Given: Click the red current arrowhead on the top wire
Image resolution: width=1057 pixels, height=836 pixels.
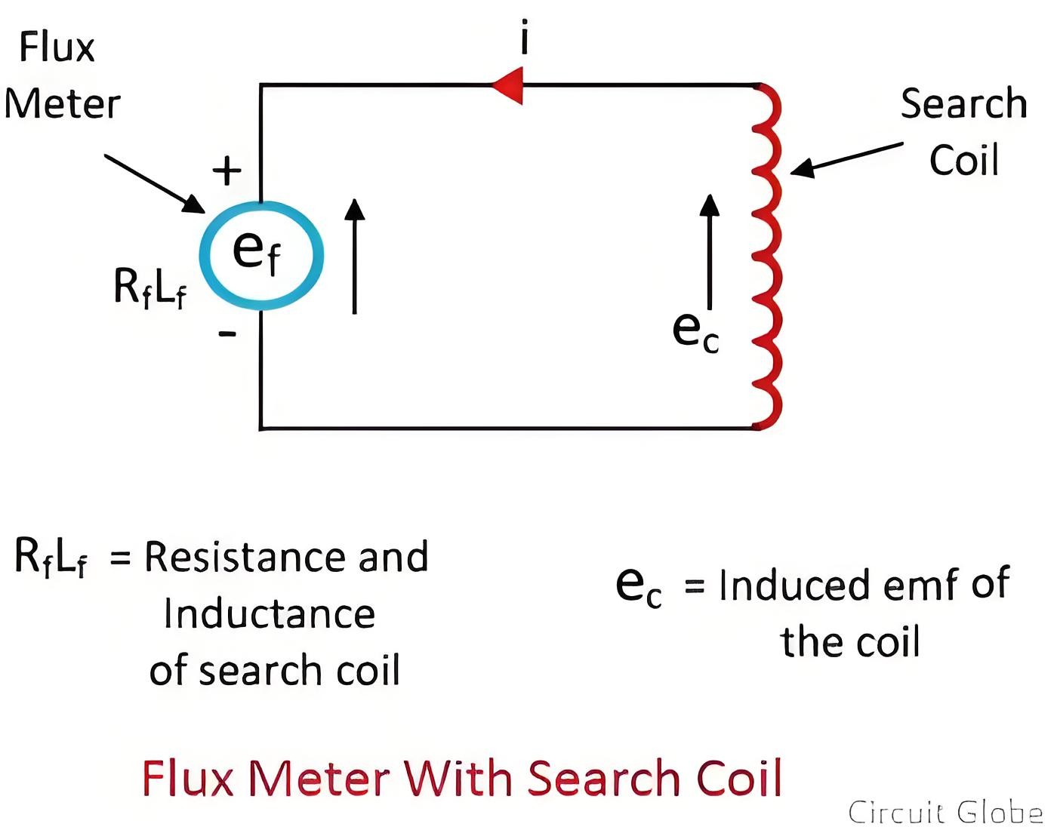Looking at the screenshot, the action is tap(507, 85).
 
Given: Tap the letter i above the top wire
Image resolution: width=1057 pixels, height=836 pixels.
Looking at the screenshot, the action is tap(525, 36).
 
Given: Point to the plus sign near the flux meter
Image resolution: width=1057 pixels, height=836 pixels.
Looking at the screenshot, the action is tap(227, 171).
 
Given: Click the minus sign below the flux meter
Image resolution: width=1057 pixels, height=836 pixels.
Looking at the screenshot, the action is tap(227, 334).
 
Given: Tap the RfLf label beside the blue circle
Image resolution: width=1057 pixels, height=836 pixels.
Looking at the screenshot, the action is tap(149, 288).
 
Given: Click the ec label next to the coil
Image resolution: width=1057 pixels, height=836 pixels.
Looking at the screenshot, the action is tap(695, 331).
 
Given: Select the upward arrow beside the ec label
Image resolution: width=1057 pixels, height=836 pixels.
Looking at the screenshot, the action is tap(709, 252).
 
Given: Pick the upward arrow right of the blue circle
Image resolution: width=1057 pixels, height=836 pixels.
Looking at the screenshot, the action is tap(355, 256).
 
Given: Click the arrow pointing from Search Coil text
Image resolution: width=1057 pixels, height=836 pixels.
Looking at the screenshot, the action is tap(846, 159).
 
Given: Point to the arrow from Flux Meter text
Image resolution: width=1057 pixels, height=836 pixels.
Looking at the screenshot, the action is tap(155, 184).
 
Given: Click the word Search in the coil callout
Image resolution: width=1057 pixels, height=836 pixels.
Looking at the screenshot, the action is tap(963, 103).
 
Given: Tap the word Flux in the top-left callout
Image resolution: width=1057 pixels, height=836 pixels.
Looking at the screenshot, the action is tap(57, 47).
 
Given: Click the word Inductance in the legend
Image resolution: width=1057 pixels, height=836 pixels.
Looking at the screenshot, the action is tap(270, 613).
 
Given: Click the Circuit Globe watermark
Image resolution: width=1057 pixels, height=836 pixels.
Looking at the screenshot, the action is tap(945, 812).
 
